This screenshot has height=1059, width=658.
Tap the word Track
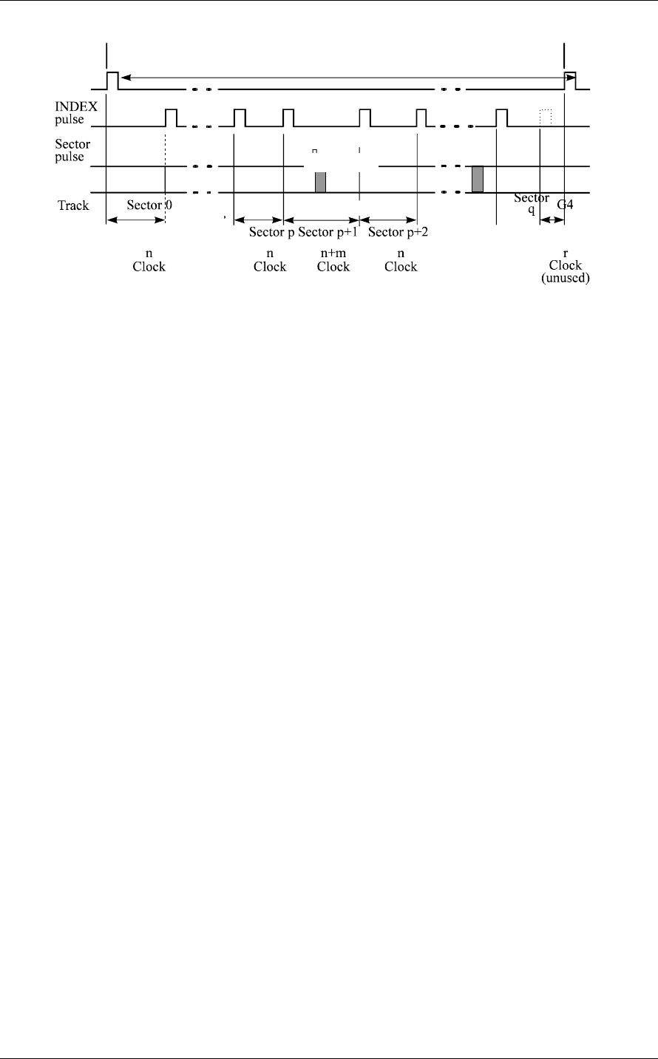74,205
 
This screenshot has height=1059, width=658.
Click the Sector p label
271,232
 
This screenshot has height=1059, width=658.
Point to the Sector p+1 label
328,232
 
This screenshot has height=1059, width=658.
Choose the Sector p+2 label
400,232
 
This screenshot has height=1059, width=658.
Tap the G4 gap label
565,205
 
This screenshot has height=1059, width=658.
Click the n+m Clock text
333,261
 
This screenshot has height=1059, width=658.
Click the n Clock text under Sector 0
149,261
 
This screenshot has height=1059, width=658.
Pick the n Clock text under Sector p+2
401,261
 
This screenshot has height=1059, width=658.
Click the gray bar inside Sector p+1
320,183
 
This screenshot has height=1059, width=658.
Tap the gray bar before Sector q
478,180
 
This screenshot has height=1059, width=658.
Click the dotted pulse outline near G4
546,117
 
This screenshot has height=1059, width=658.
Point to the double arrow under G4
552,220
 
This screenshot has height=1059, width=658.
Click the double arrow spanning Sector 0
135,220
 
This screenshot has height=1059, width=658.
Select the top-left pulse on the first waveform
112,80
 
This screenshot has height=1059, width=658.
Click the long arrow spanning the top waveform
347,75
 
